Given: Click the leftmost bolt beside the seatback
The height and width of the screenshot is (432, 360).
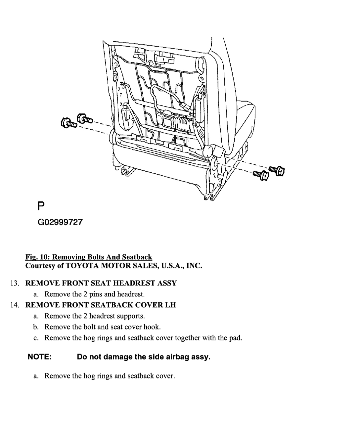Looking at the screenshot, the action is tap(69, 123).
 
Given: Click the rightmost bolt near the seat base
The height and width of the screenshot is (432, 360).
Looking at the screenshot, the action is tap(277, 171).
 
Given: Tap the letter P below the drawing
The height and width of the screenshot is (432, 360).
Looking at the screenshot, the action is tap(41, 206).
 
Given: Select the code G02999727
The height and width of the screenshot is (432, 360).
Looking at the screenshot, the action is tap(60, 222).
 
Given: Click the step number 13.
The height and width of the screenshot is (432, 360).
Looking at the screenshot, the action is tap(15, 283).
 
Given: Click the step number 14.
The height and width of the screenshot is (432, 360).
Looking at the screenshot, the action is tap(15, 305).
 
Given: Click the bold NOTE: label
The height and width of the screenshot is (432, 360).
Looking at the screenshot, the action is tap(39, 357).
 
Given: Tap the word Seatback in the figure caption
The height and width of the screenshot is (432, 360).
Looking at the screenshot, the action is tap(137, 257).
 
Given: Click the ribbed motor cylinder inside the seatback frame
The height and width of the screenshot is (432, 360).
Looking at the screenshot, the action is tap(184, 123).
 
